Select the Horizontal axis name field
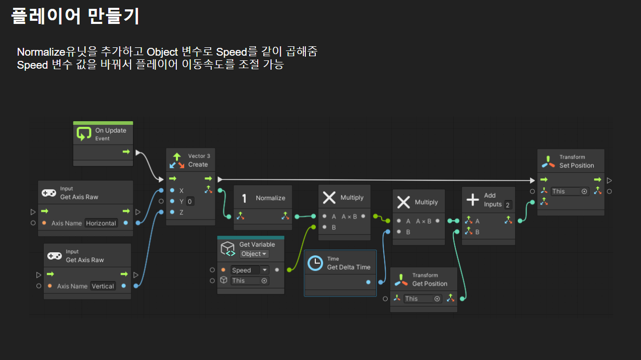101,223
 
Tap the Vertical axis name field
102,286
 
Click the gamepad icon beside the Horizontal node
49,193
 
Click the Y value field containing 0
190,201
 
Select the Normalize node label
271,198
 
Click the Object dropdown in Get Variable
254,254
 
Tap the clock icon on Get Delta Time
315,263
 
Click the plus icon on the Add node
472,200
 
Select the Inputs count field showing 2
508,204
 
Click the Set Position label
576,165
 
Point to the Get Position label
430,284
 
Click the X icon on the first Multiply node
329,198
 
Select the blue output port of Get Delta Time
368,282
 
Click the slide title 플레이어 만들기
75,16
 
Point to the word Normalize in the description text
42,52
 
